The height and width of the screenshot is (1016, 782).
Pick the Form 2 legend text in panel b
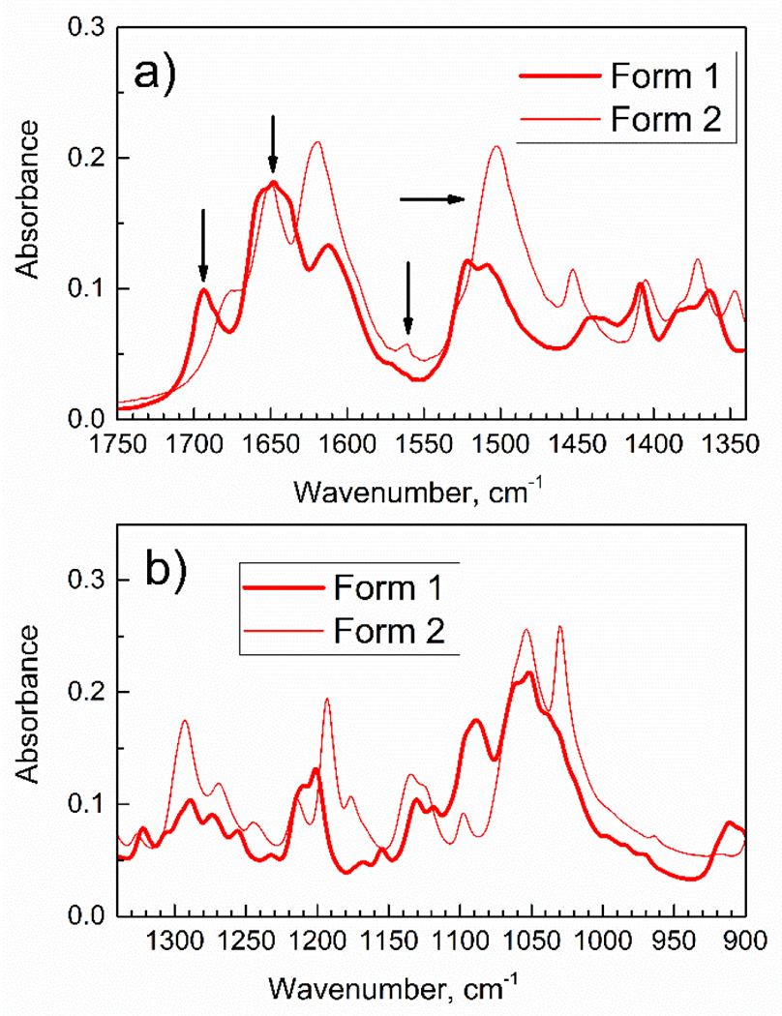390,632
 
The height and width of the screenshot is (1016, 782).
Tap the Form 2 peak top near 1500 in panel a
496,147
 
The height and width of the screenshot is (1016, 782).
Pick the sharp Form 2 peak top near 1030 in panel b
559,627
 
